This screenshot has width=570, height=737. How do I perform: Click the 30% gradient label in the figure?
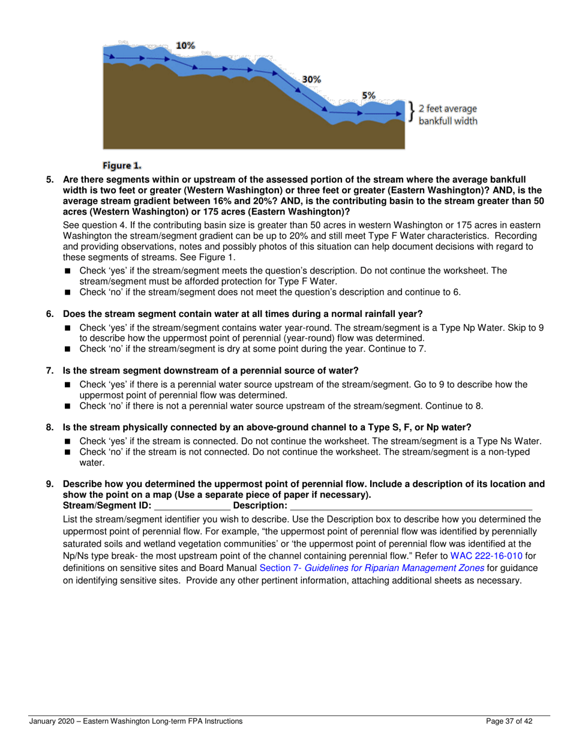click(311, 79)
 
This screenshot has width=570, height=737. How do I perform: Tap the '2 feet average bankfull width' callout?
click(448, 114)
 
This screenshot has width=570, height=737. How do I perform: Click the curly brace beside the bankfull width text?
click(412, 112)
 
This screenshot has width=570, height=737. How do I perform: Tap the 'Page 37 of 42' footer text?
click(511, 721)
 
